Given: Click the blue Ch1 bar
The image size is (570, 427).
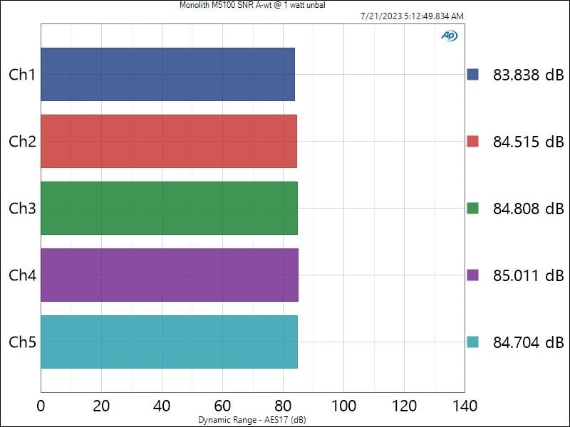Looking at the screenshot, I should coord(167,74).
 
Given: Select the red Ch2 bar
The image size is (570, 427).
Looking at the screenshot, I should coord(168,141).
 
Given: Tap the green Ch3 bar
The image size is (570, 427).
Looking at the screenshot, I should coord(169,208).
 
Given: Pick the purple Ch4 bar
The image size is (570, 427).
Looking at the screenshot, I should coord(169,275).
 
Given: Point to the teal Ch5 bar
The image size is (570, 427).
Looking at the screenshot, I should coord(169,342).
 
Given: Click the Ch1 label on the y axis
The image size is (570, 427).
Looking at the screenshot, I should coord(22,74).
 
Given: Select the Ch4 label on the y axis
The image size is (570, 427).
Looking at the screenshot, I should coord(22,275).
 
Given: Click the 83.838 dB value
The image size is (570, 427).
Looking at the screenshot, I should coord(527,74).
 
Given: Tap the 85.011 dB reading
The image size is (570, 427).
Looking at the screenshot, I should coord(527,275).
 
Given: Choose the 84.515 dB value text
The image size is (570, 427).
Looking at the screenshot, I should coord(527,141).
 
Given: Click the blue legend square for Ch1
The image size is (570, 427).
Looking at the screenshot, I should coord(473,74).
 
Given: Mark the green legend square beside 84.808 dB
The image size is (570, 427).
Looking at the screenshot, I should coord(473,208).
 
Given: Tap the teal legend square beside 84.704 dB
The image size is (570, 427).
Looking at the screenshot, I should coord(473,342).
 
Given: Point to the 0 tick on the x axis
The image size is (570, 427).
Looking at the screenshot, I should coord(41,406).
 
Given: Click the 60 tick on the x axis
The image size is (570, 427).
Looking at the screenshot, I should coord(222,406).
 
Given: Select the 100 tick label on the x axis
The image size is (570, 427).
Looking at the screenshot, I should coord(343,406).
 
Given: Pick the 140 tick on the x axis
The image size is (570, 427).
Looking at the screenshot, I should coord(465,406).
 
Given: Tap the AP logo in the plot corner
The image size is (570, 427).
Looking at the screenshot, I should coord(449,36).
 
